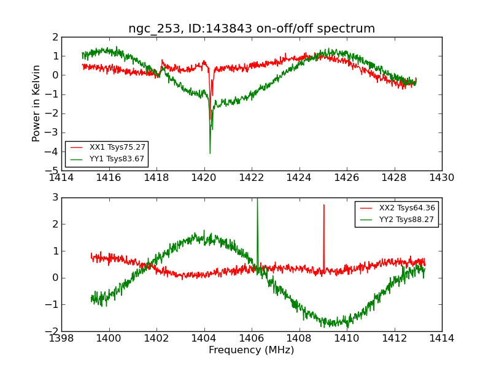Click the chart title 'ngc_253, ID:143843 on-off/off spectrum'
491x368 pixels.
click(x=252, y=29)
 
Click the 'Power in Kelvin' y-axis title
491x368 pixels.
click(x=37, y=103)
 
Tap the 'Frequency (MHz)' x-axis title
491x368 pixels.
click(x=252, y=350)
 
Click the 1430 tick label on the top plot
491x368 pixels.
click(x=442, y=178)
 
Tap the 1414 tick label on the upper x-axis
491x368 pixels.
click(x=61, y=178)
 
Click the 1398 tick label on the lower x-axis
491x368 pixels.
click(x=61, y=339)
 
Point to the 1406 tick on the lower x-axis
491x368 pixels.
click(x=252, y=339)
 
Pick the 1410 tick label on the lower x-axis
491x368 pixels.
click(x=347, y=339)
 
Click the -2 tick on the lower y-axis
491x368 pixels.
click(x=53, y=331)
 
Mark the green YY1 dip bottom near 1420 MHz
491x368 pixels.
click(x=210, y=152)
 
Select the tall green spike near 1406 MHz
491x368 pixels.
click(x=257, y=202)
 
